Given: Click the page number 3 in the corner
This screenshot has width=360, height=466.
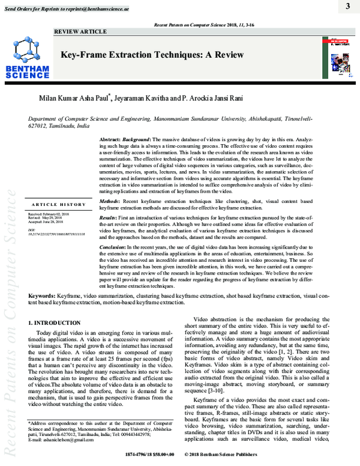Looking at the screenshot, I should (x=347, y=7).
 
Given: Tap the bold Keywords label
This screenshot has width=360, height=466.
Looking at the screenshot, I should (x=42, y=297).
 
